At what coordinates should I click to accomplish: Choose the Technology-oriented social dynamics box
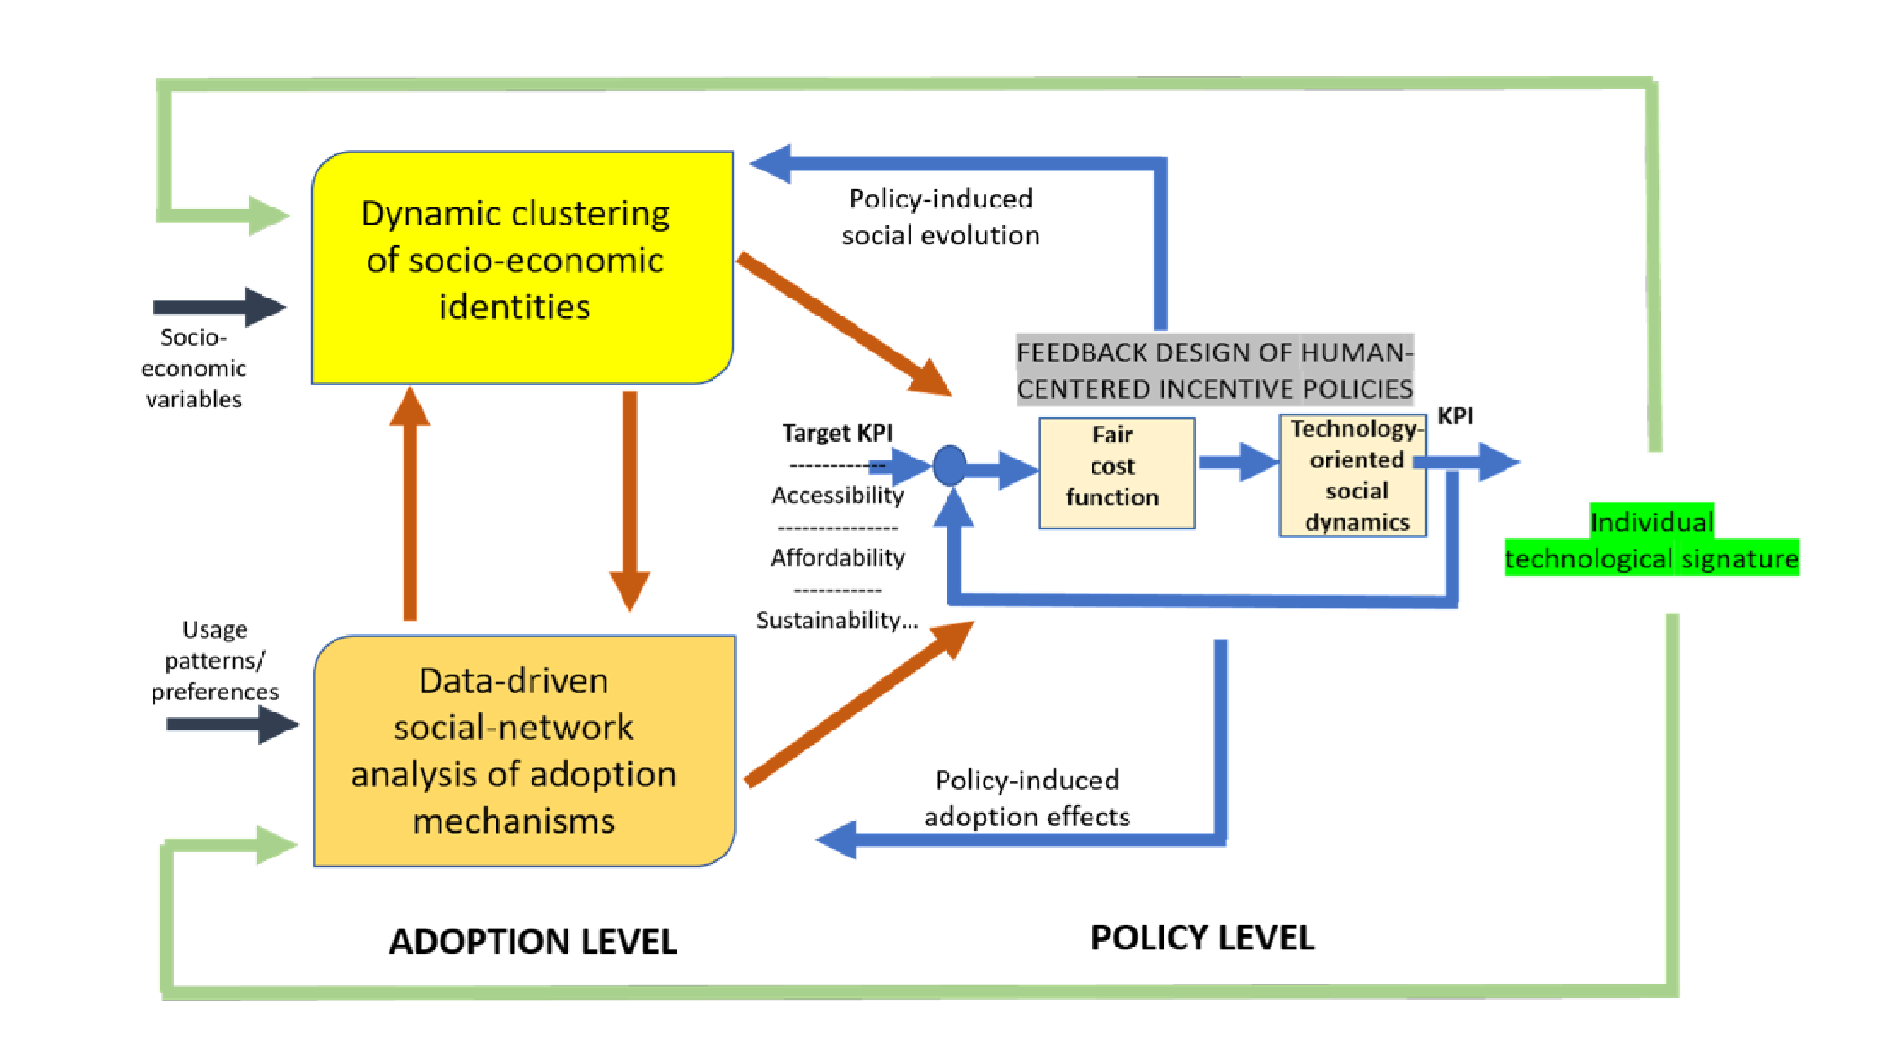pyautogui.click(x=1352, y=476)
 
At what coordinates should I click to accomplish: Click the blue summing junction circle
pyautogui.click(x=949, y=466)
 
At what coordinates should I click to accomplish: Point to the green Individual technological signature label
pyautogui.click(x=1651, y=540)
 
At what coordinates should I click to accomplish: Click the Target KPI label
pyautogui.click(x=837, y=433)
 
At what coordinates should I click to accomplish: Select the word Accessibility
pyautogui.click(x=838, y=496)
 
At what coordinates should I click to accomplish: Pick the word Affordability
pyautogui.click(x=838, y=558)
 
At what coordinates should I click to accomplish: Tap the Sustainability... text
pyautogui.click(x=837, y=621)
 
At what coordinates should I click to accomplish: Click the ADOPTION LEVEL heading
pyautogui.click(x=532, y=942)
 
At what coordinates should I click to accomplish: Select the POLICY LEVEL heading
pyautogui.click(x=1201, y=938)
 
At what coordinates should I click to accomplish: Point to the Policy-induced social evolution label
pyautogui.click(x=940, y=217)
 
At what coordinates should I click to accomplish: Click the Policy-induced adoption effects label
pyautogui.click(x=1027, y=798)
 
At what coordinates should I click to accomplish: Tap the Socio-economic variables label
pyautogui.click(x=193, y=369)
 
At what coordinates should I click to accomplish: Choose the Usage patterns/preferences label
pyautogui.click(x=215, y=660)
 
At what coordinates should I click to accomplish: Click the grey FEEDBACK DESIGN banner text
pyautogui.click(x=1214, y=370)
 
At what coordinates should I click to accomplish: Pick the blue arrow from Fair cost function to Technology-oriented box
pyautogui.click(x=1237, y=462)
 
